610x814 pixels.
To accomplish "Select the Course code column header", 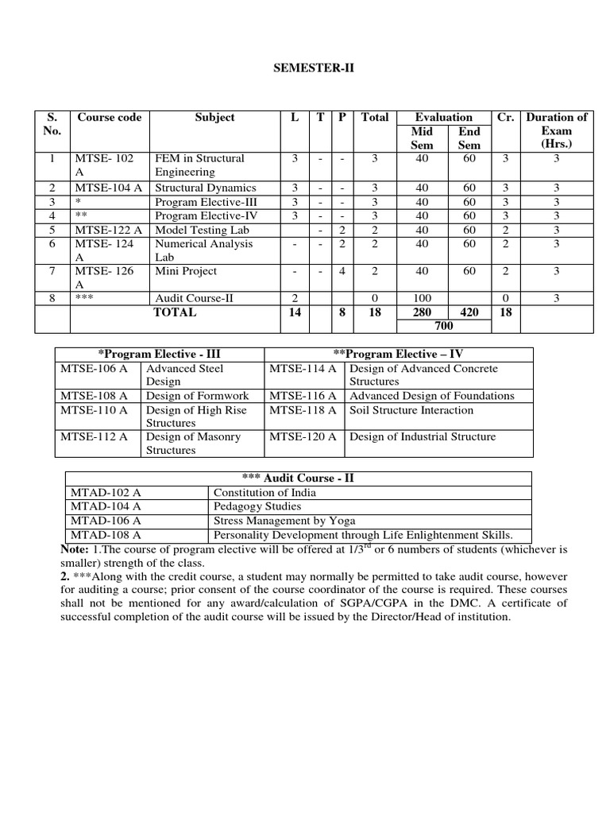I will [x=110, y=117].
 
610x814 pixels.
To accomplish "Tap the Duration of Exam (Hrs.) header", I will [x=557, y=130].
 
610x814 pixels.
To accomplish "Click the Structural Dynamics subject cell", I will [x=205, y=188].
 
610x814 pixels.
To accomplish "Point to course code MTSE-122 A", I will [x=110, y=230].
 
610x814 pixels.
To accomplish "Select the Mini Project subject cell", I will [x=186, y=271].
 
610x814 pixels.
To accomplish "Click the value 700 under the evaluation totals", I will [x=442, y=325].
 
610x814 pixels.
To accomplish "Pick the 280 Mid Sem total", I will [x=423, y=312].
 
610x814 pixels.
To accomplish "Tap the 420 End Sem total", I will [x=469, y=312].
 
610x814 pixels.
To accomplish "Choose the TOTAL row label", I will [x=175, y=312].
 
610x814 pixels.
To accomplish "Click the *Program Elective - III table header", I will [x=159, y=354].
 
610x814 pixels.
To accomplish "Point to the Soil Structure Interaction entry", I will [x=411, y=410].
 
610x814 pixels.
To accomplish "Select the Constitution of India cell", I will [x=253, y=492].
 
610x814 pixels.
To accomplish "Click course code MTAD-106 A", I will [x=106, y=521].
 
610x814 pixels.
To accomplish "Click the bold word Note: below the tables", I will [x=75, y=549].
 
